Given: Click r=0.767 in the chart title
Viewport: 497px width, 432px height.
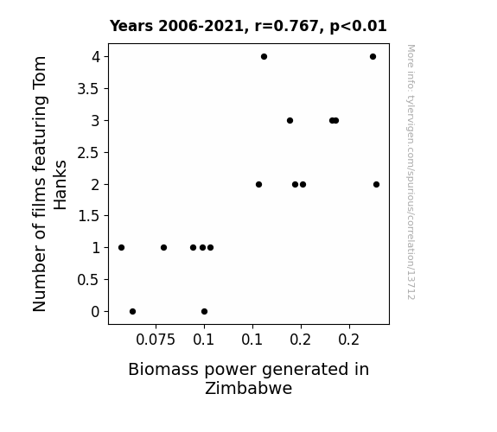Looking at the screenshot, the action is pos(287,26).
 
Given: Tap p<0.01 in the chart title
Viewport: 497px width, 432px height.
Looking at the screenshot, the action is pos(358,26).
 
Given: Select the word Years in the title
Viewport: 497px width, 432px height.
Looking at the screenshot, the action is pos(131,26).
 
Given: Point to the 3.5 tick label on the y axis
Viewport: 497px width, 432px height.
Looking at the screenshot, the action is pos(88,89).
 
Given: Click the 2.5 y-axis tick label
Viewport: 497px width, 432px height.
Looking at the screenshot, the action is pos(88,153).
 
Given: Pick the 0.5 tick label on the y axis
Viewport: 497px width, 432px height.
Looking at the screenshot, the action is pos(88,280).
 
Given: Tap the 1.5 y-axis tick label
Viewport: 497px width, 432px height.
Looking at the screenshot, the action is pos(88,216).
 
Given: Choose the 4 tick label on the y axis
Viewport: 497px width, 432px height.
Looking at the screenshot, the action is pos(96,57).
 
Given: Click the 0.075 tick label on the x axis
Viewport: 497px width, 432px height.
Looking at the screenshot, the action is pos(156,340).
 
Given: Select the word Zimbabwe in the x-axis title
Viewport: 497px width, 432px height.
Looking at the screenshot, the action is pos(249,388).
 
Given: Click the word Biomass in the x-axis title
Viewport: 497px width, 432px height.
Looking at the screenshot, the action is pos(163,369).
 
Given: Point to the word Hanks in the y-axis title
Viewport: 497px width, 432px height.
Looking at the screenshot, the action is pos(60,185).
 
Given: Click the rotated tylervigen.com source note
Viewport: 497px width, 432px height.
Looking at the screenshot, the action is pos(411,172).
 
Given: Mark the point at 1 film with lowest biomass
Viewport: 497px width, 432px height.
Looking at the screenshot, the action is pos(121,248).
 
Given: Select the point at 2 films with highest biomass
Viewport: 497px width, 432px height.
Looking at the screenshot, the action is pos(376,184).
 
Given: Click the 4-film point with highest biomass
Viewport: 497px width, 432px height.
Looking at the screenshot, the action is pos(373,57).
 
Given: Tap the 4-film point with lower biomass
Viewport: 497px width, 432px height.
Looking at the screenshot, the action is pos(264,57).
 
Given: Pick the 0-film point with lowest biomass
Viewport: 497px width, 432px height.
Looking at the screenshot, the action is pos(133,312).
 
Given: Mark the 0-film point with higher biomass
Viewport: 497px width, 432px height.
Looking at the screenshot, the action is pos(205,312).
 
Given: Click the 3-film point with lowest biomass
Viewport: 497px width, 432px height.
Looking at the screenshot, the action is pos(290,120).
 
